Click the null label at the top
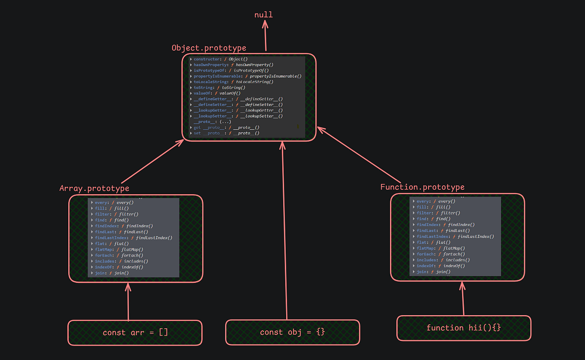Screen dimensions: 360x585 click(x=263, y=15)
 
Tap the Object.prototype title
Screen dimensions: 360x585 click(x=209, y=48)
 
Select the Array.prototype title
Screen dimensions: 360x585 click(x=94, y=188)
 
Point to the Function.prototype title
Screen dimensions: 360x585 click(x=422, y=187)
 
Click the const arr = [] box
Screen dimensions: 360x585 click(x=135, y=333)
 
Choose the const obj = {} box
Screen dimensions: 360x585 click(x=292, y=332)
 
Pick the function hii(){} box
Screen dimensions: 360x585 click(x=464, y=328)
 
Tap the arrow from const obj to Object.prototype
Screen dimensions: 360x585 click(x=285, y=229)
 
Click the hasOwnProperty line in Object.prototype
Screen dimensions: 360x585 click(x=233, y=65)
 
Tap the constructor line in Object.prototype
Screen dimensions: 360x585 click(x=220, y=59)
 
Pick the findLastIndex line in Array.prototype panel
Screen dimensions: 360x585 click(x=134, y=238)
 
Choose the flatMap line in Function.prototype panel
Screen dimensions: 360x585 click(x=433, y=248)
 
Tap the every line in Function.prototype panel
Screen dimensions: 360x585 click(x=433, y=201)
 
